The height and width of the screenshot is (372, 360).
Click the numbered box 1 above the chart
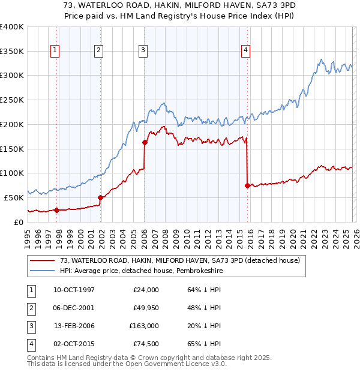click(x=55, y=51)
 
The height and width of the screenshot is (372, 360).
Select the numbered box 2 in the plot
click(x=98, y=51)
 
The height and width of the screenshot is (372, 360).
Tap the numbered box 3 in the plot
click(x=143, y=51)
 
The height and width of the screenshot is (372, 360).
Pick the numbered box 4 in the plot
click(x=246, y=51)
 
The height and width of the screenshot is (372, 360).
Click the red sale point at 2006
click(x=145, y=142)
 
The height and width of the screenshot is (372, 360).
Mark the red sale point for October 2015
click(x=247, y=185)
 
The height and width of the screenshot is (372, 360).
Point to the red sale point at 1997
click(x=56, y=210)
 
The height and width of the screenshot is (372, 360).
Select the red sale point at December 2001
click(x=100, y=197)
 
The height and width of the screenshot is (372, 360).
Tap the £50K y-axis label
click(x=14, y=197)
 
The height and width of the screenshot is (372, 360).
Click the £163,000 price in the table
click(x=144, y=327)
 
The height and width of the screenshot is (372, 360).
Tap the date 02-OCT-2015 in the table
click(x=74, y=344)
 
